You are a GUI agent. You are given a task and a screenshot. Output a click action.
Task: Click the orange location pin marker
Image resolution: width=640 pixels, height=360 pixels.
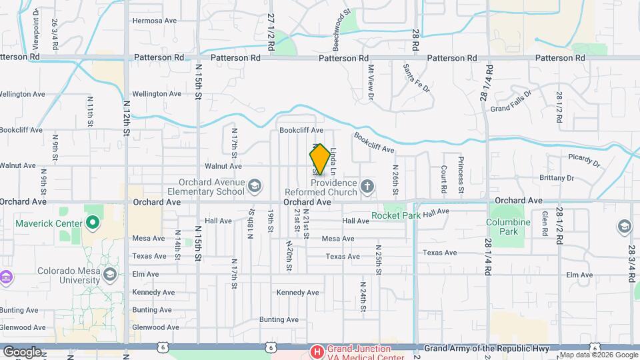tap(320, 159)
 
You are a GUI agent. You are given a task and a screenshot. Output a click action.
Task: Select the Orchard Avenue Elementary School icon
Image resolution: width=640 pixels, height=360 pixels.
tap(254, 185)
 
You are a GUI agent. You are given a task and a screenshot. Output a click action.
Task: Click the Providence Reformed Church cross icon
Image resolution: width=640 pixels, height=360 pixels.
tap(367, 185)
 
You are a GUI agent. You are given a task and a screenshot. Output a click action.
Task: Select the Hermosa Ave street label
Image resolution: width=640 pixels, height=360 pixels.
tap(154, 21)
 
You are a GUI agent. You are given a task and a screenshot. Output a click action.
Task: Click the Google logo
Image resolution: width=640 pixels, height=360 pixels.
tap(22, 351)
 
